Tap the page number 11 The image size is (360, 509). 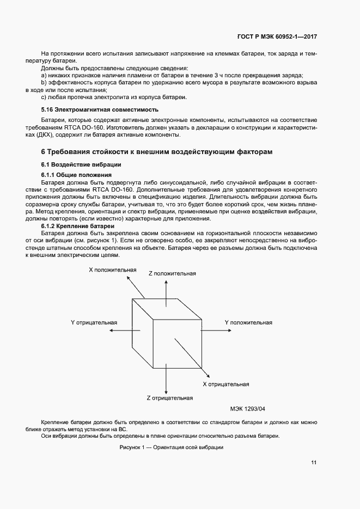(314, 463)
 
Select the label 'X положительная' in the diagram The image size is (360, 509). (113, 269)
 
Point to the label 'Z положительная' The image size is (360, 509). (172, 273)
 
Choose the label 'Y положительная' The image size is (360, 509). (248, 323)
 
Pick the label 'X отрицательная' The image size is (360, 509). (226, 384)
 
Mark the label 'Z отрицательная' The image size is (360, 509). (170, 398)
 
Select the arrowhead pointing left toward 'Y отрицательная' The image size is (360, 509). (111, 330)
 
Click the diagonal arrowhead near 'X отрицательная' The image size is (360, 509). (208, 374)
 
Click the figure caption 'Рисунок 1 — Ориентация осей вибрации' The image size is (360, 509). (172, 447)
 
